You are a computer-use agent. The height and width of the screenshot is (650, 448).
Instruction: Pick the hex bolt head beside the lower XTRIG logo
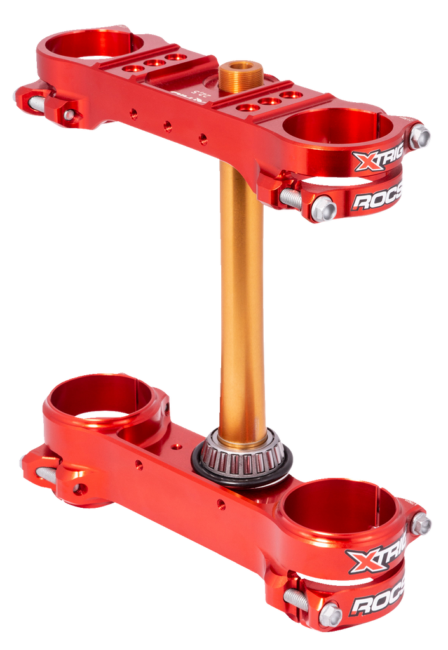[421, 524]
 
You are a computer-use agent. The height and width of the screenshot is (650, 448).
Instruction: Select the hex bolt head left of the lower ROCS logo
[330, 613]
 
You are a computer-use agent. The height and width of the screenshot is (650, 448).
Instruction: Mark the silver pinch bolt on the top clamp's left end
[37, 101]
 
